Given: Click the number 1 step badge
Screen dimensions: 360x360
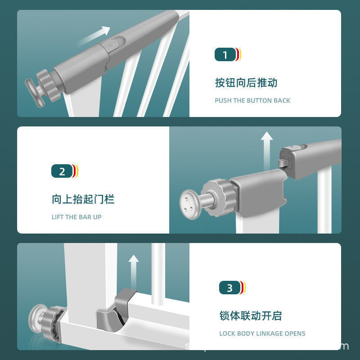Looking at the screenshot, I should (226, 55).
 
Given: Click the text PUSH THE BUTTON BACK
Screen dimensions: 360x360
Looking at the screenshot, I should (252, 100).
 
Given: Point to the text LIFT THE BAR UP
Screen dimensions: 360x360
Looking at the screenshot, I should (76, 217).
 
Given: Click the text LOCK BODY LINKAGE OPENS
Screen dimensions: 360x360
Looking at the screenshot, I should (262, 333).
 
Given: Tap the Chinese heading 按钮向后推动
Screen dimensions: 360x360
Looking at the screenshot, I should (246, 83).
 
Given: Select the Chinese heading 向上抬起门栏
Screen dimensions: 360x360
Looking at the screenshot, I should (83, 199).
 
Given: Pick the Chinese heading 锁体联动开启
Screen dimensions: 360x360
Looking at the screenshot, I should (250, 316).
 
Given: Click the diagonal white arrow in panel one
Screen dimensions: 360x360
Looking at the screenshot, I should (95, 36).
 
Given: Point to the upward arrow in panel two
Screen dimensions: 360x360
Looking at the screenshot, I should (267, 146).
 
